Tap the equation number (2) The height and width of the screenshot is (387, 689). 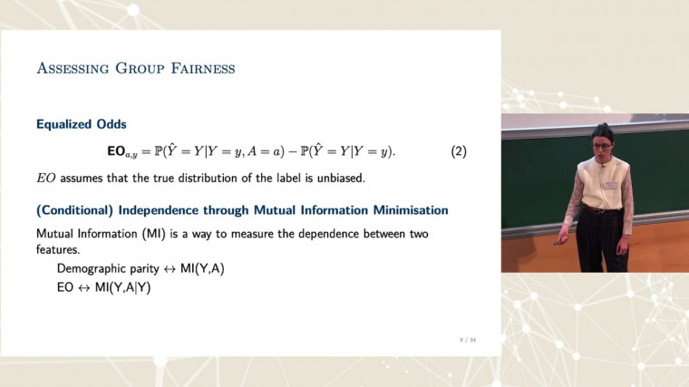tap(458, 151)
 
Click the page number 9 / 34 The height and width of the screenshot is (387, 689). tap(467, 339)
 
